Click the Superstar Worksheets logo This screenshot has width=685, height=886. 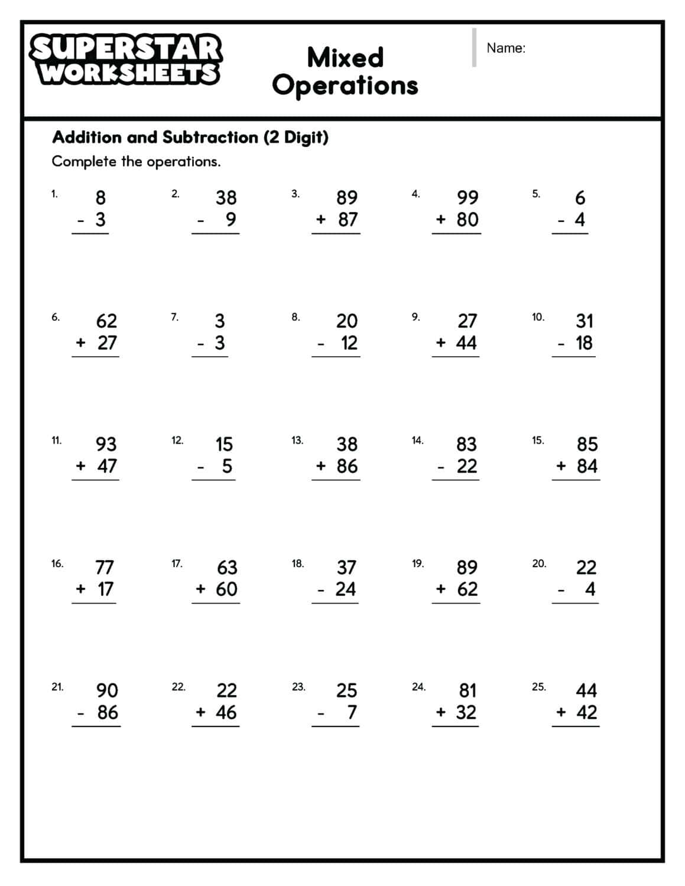(125, 60)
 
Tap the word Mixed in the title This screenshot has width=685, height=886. (345, 58)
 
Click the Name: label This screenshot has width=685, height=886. (505, 48)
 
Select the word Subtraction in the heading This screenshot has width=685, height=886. (210, 138)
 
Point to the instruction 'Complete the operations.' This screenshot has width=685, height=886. (136, 161)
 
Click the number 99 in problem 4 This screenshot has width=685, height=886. (468, 197)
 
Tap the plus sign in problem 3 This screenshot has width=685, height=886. (321, 219)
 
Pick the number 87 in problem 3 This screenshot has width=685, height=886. (348, 219)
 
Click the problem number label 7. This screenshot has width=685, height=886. (174, 317)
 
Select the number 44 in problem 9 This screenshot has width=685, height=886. (466, 343)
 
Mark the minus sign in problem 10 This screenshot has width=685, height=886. (561, 343)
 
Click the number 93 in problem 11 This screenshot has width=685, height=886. (106, 444)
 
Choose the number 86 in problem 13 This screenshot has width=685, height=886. (347, 466)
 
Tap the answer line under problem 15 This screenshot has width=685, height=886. (576, 480)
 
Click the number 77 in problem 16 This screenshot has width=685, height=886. (105, 568)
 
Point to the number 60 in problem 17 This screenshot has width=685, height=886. (226, 589)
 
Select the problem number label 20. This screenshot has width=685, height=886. (538, 563)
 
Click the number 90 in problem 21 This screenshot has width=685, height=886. (107, 690)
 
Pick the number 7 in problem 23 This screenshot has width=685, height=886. (352, 712)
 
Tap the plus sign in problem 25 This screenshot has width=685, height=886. (561, 712)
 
